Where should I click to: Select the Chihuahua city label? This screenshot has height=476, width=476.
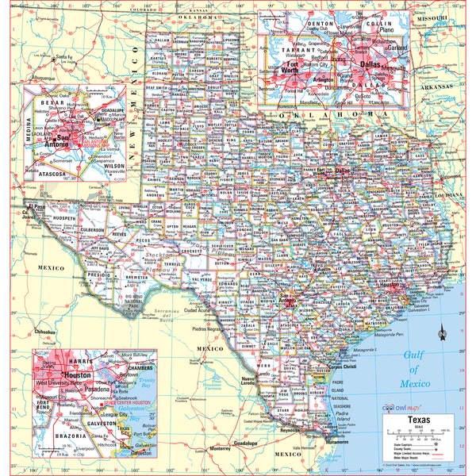(45, 332)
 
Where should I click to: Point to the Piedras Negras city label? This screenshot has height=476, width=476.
(208, 328)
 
